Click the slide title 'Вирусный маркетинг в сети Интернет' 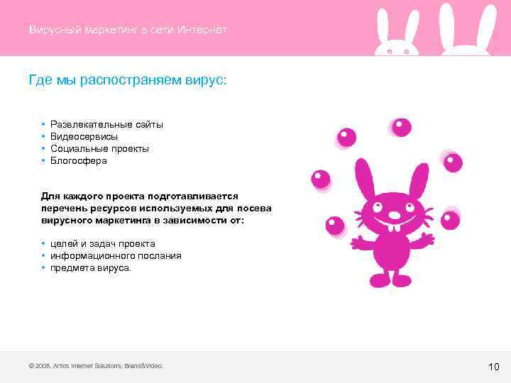(128, 30)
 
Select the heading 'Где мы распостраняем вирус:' (128, 80)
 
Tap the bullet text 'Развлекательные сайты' (106, 125)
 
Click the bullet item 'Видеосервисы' (84, 137)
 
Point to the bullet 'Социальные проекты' (99, 149)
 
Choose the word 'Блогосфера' (79, 161)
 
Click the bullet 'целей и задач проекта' (102, 244)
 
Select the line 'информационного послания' (116, 256)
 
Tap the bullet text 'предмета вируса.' (91, 268)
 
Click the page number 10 (494, 367)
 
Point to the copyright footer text (94, 366)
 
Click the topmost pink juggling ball (402, 128)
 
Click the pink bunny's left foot (378, 281)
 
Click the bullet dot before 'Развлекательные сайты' (44, 125)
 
